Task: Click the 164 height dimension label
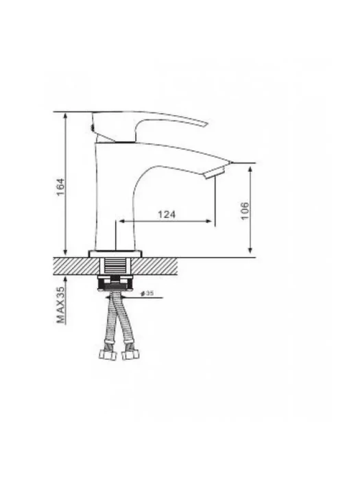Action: pos(61,187)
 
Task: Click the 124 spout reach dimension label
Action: pos(167,214)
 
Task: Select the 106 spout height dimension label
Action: pos(245,211)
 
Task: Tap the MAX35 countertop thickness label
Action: pos(61,305)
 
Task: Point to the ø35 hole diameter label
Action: pos(147,293)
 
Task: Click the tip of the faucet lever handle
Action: pos(207,124)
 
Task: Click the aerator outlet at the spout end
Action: pos(214,172)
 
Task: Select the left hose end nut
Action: pos(108,355)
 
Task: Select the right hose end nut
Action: pos(130,355)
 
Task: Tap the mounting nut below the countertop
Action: pos(115,283)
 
